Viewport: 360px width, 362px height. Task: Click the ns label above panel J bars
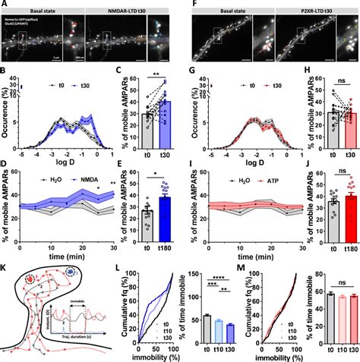click(330, 190)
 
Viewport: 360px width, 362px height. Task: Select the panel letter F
click(186, 5)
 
